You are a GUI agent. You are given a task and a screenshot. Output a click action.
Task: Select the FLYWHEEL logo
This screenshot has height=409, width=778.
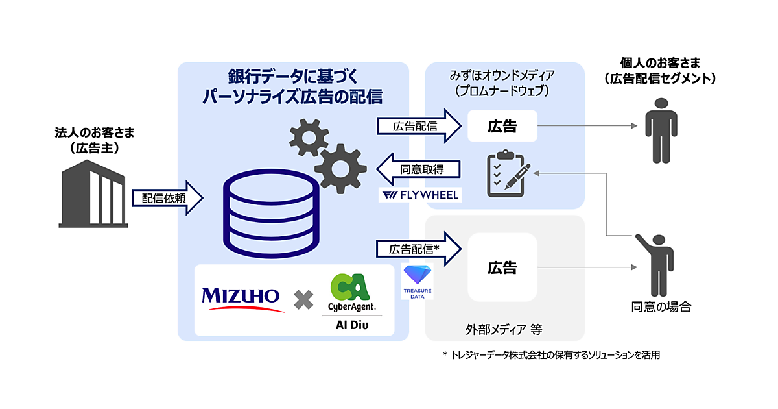[420, 195]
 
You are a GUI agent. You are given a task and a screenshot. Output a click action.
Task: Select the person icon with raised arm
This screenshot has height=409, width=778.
[654, 264]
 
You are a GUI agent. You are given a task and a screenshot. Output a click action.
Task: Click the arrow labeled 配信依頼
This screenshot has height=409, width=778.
[168, 198]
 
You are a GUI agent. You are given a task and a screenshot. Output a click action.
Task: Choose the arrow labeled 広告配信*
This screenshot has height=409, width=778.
[418, 249]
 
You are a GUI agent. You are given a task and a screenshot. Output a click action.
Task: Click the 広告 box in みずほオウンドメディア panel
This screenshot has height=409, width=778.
[502, 126]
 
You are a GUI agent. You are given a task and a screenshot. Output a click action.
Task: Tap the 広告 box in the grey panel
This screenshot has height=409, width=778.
[502, 267]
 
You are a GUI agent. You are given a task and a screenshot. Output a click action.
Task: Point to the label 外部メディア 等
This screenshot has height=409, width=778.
[504, 329]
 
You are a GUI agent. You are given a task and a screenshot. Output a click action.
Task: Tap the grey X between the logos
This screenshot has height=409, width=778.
[303, 299]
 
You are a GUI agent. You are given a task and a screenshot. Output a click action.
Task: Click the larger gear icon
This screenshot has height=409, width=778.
[339, 168]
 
